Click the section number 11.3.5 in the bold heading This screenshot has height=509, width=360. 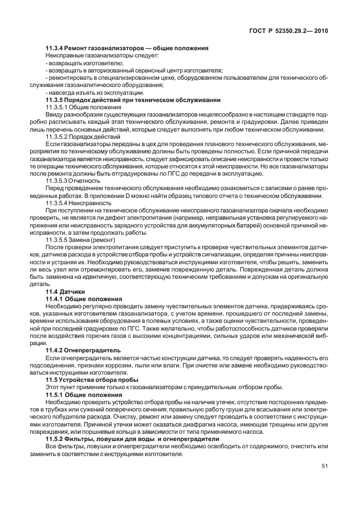tap(57, 99)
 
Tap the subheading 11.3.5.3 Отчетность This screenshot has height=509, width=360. tap(72, 181)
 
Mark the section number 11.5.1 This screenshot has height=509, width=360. tap(55, 394)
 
